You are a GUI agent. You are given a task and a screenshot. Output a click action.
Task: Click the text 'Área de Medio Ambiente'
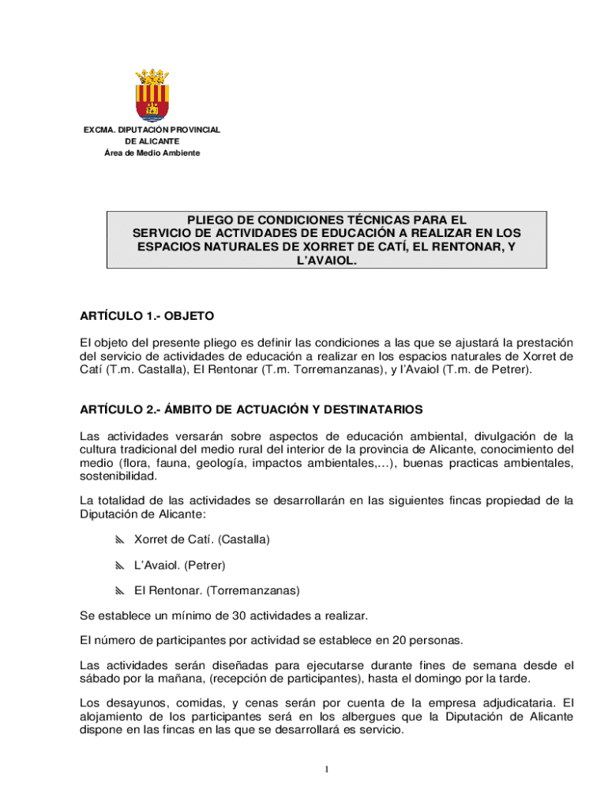pyautogui.click(x=152, y=152)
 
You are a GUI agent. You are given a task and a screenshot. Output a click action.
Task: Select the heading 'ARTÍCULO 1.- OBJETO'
pyautogui.click(x=147, y=316)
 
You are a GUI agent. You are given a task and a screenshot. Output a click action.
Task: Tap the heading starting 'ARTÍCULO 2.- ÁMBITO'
pyautogui.click(x=251, y=409)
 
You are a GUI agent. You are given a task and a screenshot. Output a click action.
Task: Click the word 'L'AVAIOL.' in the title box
pyautogui.click(x=326, y=259)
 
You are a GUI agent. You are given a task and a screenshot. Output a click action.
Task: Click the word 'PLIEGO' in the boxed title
pyautogui.click(x=210, y=220)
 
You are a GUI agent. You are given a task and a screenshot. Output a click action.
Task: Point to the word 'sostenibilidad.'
pyautogui.click(x=118, y=476)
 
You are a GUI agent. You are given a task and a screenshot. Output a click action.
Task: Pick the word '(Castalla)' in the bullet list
pyautogui.click(x=244, y=540)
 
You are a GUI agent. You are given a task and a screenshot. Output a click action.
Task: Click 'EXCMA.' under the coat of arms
pyautogui.click(x=99, y=130)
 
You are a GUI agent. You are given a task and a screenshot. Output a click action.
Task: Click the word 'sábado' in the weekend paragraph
pyautogui.click(x=99, y=679)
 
